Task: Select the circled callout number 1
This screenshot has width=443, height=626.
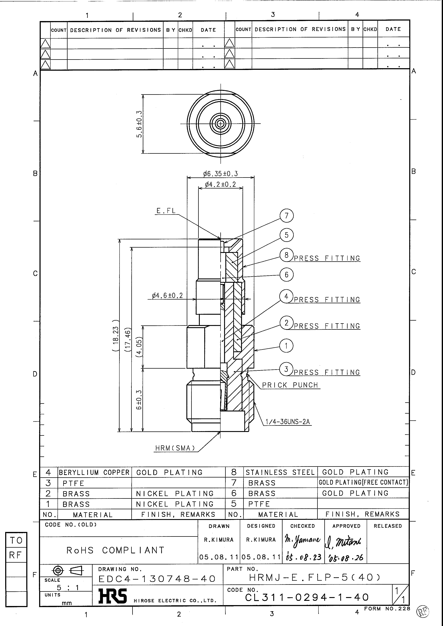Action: coord(286,346)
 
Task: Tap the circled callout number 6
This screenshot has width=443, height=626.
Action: coord(286,275)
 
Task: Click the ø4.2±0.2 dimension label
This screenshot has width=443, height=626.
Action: coord(220,185)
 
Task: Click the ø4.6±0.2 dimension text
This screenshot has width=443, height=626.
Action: coord(167,296)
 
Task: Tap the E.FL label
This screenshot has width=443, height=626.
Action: coord(166,211)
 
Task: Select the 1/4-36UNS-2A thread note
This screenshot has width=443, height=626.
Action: coord(288,422)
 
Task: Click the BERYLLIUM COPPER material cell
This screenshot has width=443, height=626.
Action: coord(94,472)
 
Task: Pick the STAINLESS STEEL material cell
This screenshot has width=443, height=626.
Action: coord(280,472)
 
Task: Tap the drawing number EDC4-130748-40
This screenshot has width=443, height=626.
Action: coord(157,579)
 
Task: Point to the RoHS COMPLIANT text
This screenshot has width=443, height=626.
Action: coord(115,550)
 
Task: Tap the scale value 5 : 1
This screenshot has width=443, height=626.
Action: coord(68,588)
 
